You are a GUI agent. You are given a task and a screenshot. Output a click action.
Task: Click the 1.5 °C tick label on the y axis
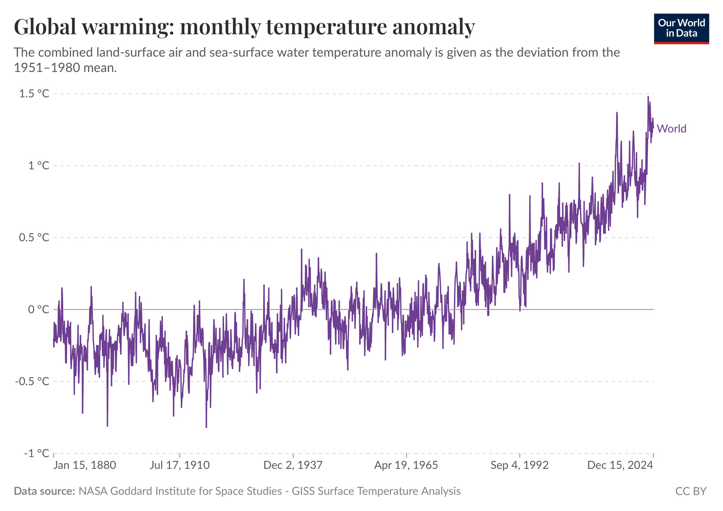click(x=34, y=94)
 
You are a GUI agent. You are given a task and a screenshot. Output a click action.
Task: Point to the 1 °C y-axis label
click(x=38, y=166)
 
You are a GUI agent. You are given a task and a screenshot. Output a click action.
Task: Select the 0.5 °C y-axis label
click(x=34, y=238)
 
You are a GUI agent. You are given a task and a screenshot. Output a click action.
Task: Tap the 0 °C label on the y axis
click(x=38, y=309)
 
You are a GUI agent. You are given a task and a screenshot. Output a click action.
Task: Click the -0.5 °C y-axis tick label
click(x=32, y=381)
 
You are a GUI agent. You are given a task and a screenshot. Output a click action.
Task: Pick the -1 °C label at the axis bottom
click(x=37, y=453)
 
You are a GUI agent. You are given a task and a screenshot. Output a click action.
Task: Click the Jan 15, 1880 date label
click(x=85, y=465)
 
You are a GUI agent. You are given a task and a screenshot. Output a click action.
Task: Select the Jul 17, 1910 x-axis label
click(x=180, y=465)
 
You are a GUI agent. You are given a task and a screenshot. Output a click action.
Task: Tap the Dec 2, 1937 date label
click(x=293, y=465)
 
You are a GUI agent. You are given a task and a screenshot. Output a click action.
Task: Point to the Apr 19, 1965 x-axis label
click(x=406, y=465)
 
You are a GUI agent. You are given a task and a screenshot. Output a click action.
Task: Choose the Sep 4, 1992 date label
click(x=519, y=465)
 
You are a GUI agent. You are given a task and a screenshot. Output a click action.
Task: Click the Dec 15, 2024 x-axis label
click(x=620, y=465)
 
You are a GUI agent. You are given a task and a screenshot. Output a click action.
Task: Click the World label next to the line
click(x=671, y=129)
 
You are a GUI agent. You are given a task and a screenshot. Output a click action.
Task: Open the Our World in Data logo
click(x=681, y=29)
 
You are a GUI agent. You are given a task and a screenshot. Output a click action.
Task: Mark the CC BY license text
click(x=690, y=491)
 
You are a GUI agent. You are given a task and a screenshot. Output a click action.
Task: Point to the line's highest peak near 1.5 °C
click(x=648, y=97)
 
